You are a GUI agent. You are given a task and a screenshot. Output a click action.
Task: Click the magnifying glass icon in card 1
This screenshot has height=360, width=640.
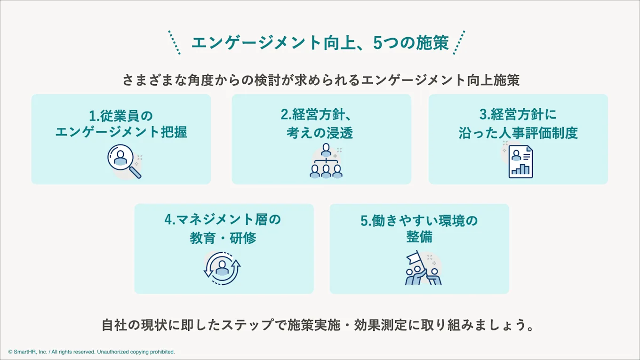point(124,161)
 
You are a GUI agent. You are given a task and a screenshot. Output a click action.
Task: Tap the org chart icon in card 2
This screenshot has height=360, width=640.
point(326,161)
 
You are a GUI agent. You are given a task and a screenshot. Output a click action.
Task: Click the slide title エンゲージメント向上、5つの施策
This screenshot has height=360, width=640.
point(320,43)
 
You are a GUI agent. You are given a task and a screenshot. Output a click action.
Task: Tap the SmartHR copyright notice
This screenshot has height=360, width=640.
point(92,352)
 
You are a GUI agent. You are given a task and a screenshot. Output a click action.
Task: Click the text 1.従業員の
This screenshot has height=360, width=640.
point(121,115)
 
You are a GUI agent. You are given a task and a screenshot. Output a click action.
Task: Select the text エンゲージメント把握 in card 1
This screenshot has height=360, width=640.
point(121,132)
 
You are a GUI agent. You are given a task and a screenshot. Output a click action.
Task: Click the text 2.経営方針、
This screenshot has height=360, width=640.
point(321,115)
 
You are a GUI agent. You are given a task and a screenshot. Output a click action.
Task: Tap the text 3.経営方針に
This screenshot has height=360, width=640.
point(518,115)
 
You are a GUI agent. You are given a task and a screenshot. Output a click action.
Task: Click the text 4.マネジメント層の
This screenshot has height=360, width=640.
point(223,220)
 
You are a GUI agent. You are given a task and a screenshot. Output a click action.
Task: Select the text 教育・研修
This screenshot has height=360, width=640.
point(223,238)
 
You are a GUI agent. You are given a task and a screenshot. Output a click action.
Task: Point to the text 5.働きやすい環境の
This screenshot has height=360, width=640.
point(419,220)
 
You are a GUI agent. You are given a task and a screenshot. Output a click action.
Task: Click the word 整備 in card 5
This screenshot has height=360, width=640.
point(419,237)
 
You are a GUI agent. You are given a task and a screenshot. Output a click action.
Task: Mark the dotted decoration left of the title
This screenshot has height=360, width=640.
point(174,42)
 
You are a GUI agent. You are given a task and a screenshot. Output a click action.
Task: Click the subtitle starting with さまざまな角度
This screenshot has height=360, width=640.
point(320,80)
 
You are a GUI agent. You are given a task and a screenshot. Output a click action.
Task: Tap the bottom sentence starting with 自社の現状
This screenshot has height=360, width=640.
point(319,325)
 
